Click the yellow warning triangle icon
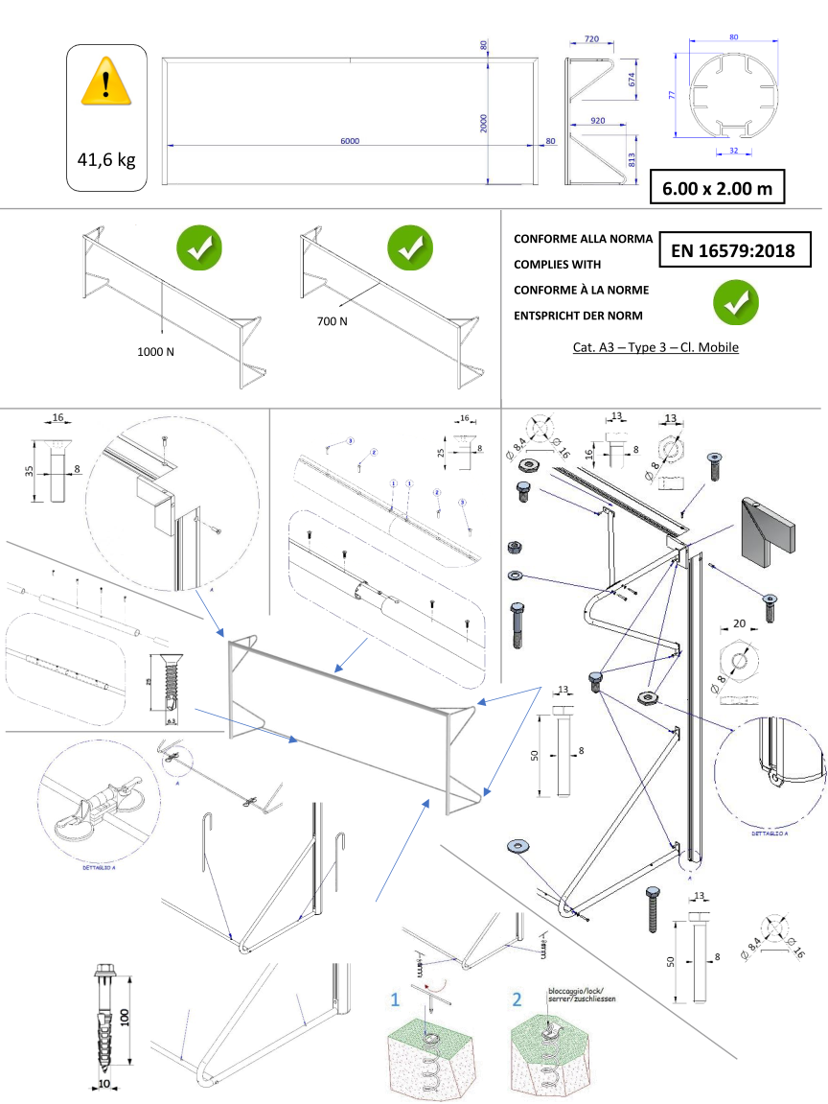106,81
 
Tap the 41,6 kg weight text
106,159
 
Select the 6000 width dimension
350,140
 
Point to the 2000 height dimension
484,123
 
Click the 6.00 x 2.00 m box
717,188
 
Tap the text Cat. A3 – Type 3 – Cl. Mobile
655,347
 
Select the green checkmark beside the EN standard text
735,302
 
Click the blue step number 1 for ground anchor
395,999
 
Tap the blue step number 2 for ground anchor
517,999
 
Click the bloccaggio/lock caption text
581,994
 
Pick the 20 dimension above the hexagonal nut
739,622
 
